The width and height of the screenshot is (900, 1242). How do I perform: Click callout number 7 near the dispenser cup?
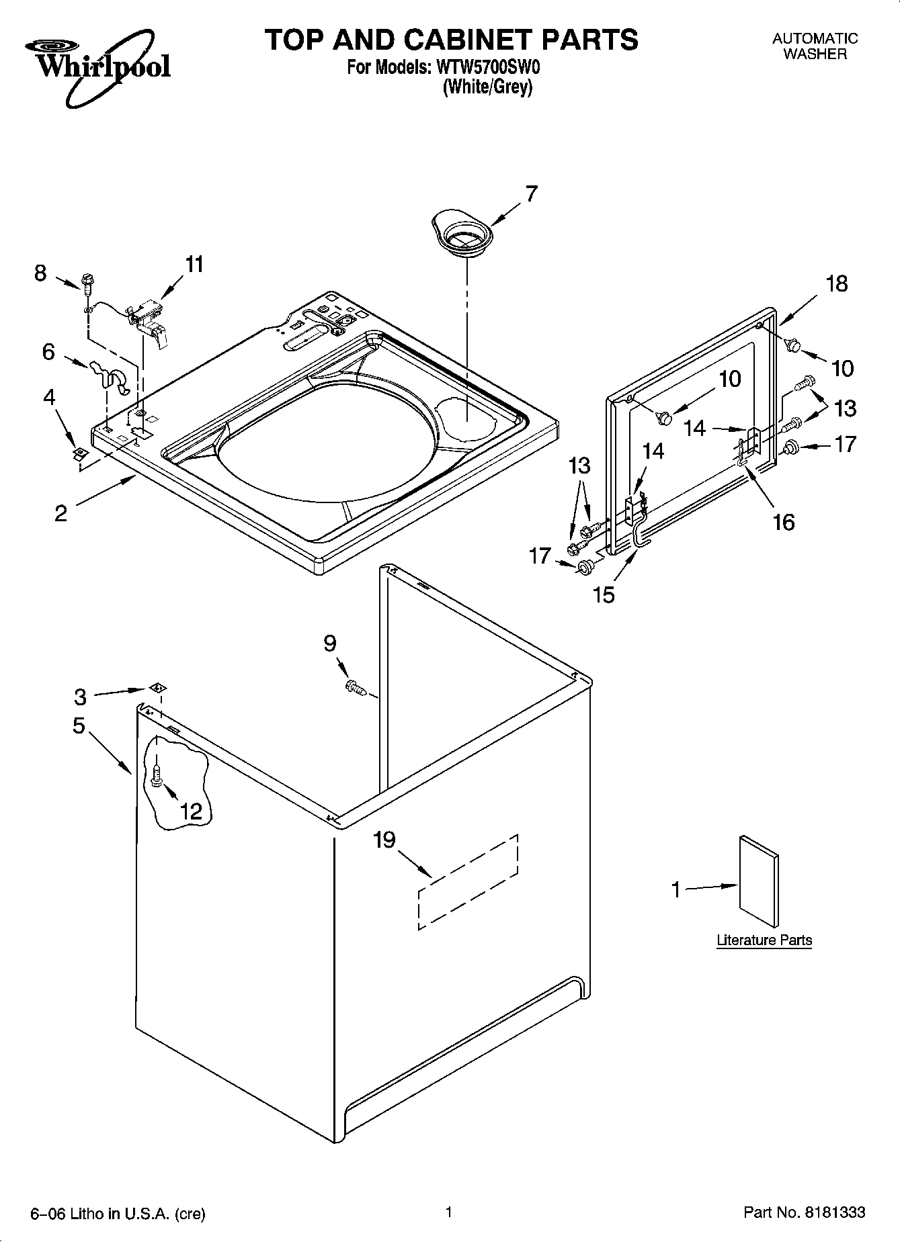click(x=531, y=194)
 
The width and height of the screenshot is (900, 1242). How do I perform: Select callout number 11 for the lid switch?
click(x=194, y=265)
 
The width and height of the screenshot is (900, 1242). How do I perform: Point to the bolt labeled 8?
click(x=87, y=283)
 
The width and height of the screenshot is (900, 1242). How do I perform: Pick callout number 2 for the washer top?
click(x=60, y=514)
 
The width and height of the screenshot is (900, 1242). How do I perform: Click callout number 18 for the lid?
click(x=837, y=284)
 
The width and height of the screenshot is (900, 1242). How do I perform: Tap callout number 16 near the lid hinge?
click(x=784, y=522)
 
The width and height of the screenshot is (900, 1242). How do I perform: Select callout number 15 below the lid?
click(x=604, y=594)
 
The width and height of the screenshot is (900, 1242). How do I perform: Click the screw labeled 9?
click(x=355, y=687)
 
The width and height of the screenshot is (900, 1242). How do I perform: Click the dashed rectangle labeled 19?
click(x=468, y=882)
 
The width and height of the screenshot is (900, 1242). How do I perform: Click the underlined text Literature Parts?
click(x=764, y=940)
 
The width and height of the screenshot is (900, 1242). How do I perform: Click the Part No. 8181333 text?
click(x=804, y=1212)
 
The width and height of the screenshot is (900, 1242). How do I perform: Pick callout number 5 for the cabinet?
click(x=79, y=726)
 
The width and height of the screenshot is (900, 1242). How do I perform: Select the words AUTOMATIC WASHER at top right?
click(x=815, y=46)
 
